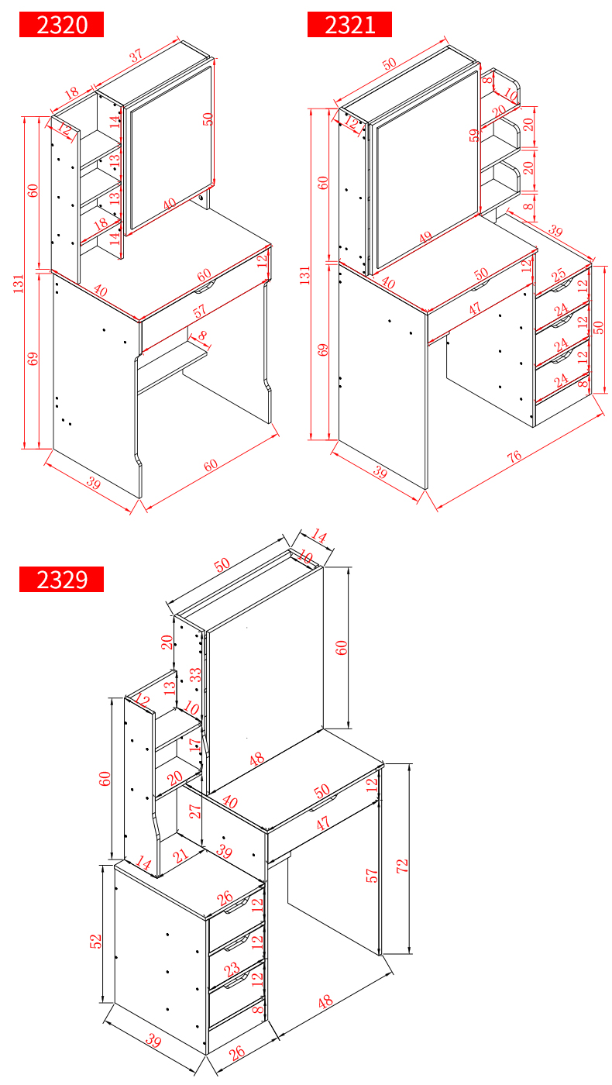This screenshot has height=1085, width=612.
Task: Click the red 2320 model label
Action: click(61, 25)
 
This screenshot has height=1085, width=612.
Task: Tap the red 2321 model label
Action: click(349, 25)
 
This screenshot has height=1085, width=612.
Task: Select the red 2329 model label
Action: click(61, 580)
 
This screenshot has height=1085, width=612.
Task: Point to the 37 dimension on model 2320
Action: click(136, 54)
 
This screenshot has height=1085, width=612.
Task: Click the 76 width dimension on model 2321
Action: click(514, 456)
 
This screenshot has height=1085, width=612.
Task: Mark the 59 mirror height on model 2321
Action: click(474, 135)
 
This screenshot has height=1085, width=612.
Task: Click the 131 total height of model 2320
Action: click(19, 284)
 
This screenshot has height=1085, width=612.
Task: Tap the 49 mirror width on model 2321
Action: click(425, 237)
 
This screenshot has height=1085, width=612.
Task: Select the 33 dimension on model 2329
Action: click(195, 675)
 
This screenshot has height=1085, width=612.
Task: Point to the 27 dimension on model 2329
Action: click(194, 811)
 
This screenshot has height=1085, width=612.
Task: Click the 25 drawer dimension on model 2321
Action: click(559, 274)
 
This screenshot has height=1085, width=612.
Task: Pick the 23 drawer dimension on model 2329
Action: click(232, 969)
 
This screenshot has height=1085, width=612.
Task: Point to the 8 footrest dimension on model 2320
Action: click(202, 335)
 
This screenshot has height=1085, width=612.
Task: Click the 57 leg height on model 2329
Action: click(371, 875)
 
